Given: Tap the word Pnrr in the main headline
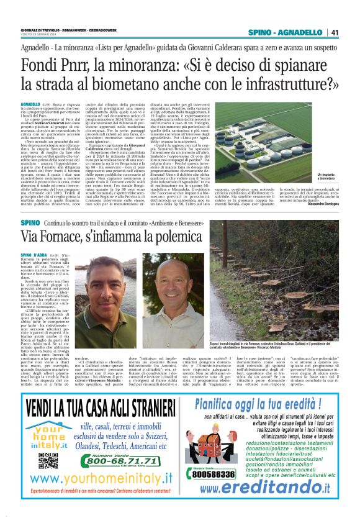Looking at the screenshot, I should point(83,65).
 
